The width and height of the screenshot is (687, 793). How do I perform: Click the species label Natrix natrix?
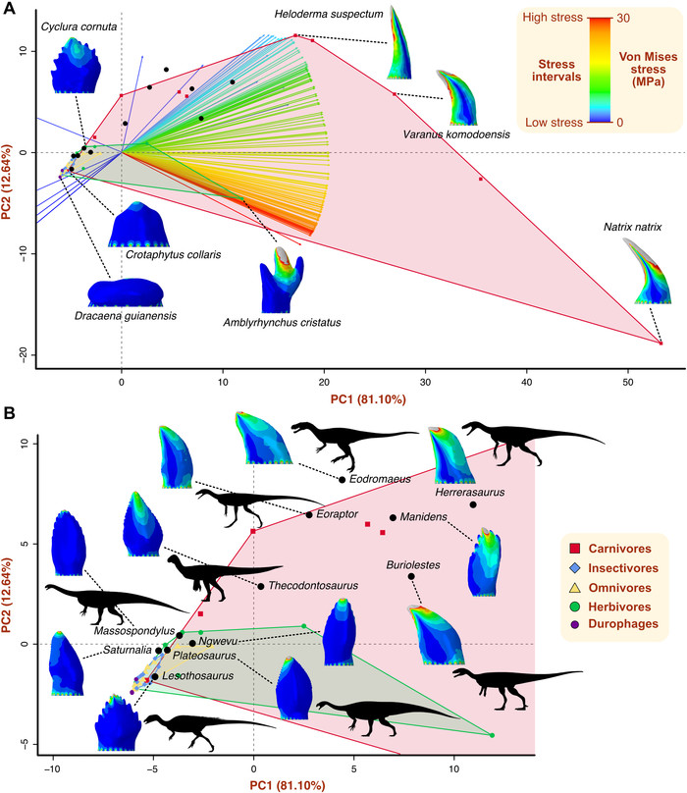click(x=632, y=227)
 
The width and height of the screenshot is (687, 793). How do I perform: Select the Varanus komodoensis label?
click(x=456, y=134)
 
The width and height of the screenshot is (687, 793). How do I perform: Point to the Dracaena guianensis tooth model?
click(x=126, y=292)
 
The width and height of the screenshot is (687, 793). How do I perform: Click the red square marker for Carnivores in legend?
click(x=575, y=549)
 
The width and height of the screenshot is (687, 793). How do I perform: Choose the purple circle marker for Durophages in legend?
click(x=575, y=624)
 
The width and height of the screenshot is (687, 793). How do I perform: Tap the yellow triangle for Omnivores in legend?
click(x=575, y=588)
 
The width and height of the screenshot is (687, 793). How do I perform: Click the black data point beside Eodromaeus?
click(x=342, y=480)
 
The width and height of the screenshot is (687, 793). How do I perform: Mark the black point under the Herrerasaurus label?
click(x=473, y=504)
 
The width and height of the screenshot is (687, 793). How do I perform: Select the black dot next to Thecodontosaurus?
click(x=260, y=586)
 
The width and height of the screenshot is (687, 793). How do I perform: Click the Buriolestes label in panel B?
click(x=413, y=565)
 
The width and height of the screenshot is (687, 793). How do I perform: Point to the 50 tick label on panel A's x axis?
click(x=628, y=383)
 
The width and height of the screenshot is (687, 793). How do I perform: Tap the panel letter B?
click(x=9, y=413)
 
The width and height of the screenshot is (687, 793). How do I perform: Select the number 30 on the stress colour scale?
click(x=623, y=19)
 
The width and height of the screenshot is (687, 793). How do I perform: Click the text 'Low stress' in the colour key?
click(x=554, y=123)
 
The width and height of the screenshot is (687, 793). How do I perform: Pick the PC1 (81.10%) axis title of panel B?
click(x=288, y=785)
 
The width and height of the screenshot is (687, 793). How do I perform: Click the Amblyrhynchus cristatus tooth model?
click(x=283, y=279)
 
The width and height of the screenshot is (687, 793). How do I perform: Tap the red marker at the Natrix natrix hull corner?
click(x=661, y=344)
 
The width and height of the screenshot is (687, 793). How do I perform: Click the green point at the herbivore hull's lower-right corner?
click(x=493, y=735)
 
